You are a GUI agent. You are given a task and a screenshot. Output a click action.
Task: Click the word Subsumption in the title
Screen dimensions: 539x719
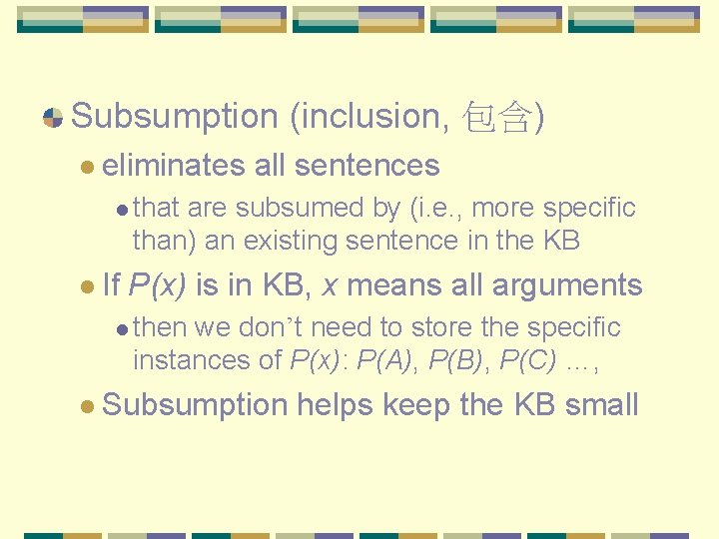point(175,117)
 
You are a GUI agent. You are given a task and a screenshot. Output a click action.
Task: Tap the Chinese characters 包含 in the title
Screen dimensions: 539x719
point(497,117)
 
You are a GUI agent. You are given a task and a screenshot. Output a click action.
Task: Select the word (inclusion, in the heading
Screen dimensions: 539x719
point(367,117)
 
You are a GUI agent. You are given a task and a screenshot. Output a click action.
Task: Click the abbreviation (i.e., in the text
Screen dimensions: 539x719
point(434,208)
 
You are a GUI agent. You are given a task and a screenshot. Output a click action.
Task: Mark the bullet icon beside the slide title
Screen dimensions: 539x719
point(54,118)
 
